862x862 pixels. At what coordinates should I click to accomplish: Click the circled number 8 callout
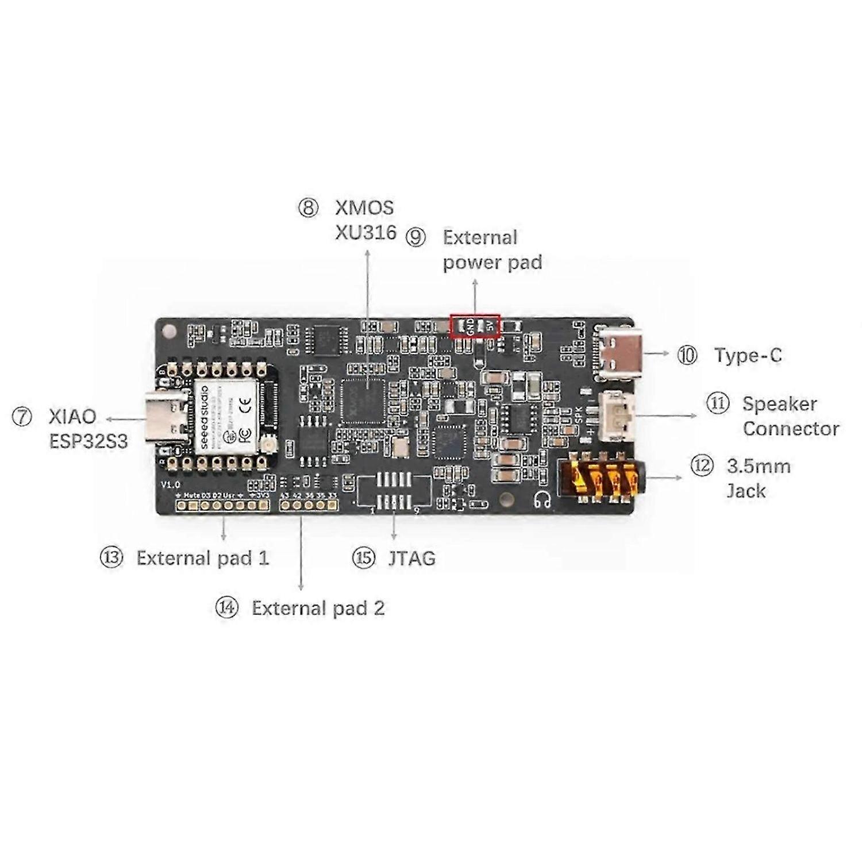308,208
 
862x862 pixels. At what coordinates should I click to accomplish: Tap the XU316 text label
365,232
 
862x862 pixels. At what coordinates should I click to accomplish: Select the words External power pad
492,250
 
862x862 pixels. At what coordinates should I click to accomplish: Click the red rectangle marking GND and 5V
475,326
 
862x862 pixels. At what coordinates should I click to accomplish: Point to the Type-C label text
748,355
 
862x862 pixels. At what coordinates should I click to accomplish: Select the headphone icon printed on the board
541,500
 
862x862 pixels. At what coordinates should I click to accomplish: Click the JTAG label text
411,558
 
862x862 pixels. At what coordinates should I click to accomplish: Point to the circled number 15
363,558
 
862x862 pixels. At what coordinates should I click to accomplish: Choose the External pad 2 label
318,608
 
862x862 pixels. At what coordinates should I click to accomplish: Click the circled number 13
111,558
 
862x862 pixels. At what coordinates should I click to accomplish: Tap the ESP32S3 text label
88,441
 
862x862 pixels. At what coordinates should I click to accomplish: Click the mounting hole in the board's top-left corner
170,332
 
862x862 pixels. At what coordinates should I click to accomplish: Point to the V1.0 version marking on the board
170,484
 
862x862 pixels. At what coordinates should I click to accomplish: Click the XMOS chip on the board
362,401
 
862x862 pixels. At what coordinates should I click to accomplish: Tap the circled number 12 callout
701,465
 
